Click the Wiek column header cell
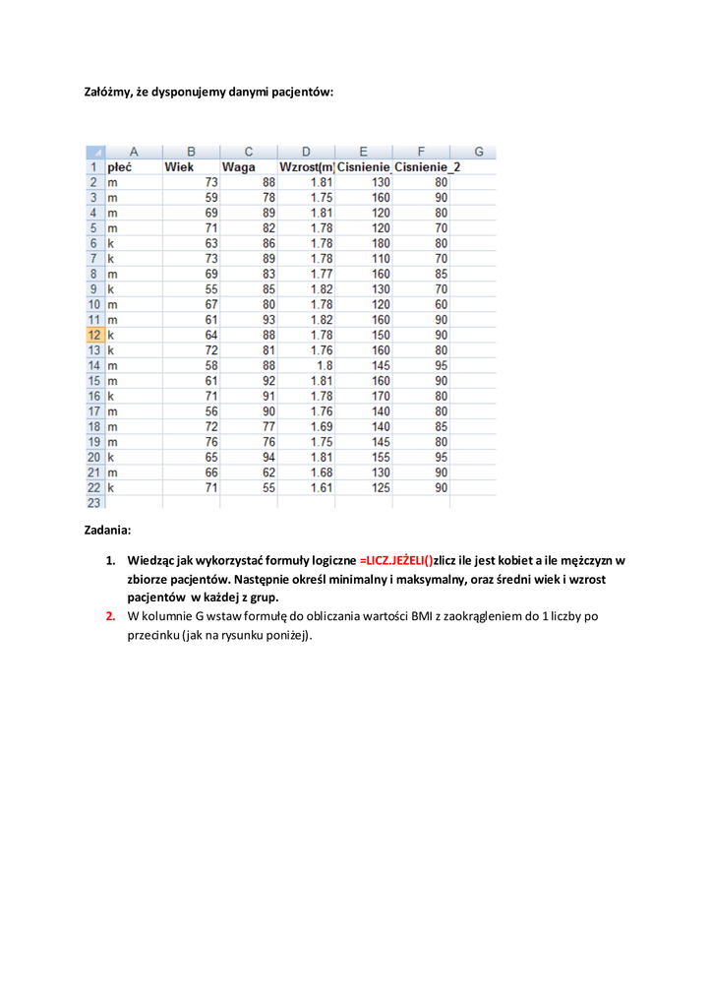pos(180,167)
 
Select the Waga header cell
pos(239,167)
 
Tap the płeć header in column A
pos(120,167)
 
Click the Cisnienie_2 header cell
pos(427,167)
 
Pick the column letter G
pos(479,152)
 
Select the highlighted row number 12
pos(94,335)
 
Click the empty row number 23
pos(94,502)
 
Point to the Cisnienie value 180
pos(380,243)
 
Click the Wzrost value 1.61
pos(321,487)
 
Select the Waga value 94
pos(267,457)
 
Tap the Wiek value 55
pos(210,289)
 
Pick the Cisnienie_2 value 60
pos(441,304)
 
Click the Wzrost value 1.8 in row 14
pos(325,365)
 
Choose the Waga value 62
pos(267,472)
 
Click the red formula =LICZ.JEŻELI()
pos(396,560)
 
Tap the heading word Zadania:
pos(106,530)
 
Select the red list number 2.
pos(111,616)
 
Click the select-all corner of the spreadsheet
pos(95,152)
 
